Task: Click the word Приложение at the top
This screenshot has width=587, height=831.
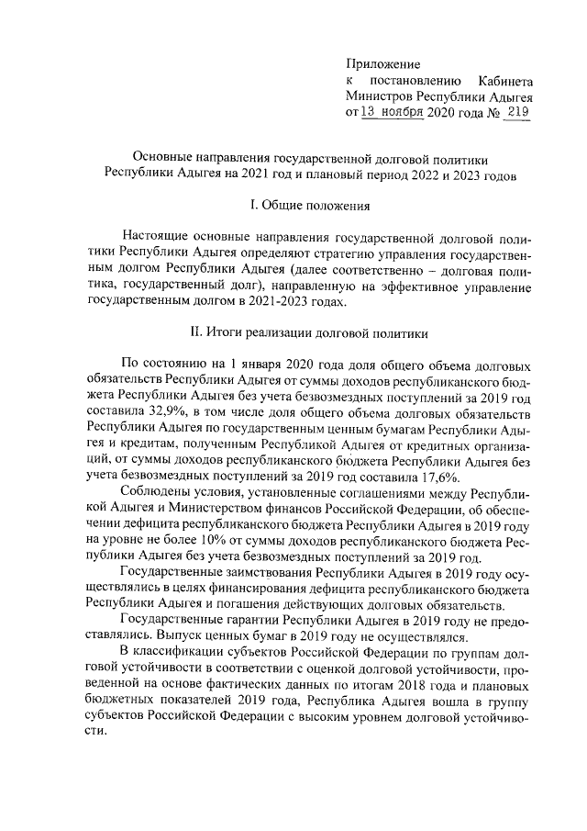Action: (x=382, y=64)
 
